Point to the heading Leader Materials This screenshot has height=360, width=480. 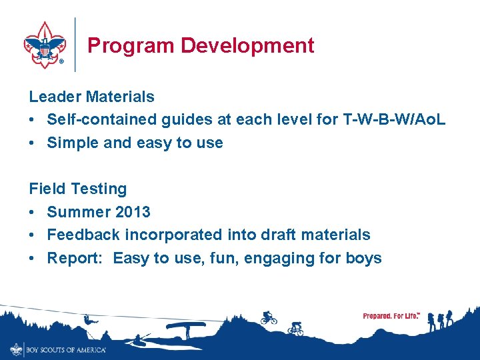[x=91, y=97]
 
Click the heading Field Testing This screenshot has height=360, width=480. [x=77, y=189]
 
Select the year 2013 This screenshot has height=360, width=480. [x=133, y=212]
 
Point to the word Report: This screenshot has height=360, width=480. [x=73, y=258]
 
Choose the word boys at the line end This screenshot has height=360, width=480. [x=364, y=258]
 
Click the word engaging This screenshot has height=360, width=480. [x=276, y=258]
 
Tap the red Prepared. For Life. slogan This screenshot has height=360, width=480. [x=391, y=316]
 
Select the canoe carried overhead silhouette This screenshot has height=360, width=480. [x=185, y=329]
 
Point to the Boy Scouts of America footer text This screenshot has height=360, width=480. [x=65, y=349]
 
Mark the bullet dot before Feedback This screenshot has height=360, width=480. [x=33, y=235]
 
